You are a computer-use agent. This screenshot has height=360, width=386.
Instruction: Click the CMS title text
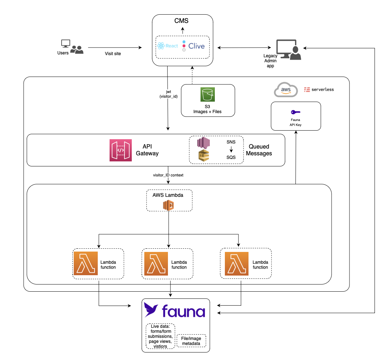click(181, 21)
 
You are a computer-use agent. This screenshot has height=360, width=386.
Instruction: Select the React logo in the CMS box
click(167, 46)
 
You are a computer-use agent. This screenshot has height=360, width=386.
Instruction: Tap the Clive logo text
click(196, 46)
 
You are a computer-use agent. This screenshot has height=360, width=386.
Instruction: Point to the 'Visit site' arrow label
click(113, 54)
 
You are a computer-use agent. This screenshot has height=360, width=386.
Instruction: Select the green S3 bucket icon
click(207, 94)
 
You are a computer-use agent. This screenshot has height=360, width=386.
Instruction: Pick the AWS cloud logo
click(286, 89)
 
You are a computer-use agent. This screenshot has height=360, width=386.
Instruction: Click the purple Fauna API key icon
click(296, 112)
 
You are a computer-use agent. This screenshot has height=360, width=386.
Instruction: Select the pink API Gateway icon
click(121, 150)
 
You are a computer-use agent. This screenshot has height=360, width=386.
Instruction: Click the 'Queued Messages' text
click(260, 150)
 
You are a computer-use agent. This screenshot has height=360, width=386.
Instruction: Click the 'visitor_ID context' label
click(168, 175)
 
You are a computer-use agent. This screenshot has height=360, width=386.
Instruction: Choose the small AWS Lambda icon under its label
click(169, 205)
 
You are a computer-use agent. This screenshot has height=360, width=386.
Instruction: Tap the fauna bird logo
click(151, 310)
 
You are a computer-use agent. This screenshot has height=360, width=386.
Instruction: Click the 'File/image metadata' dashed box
click(192, 341)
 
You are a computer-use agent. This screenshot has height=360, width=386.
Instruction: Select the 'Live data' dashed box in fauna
click(160, 336)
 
